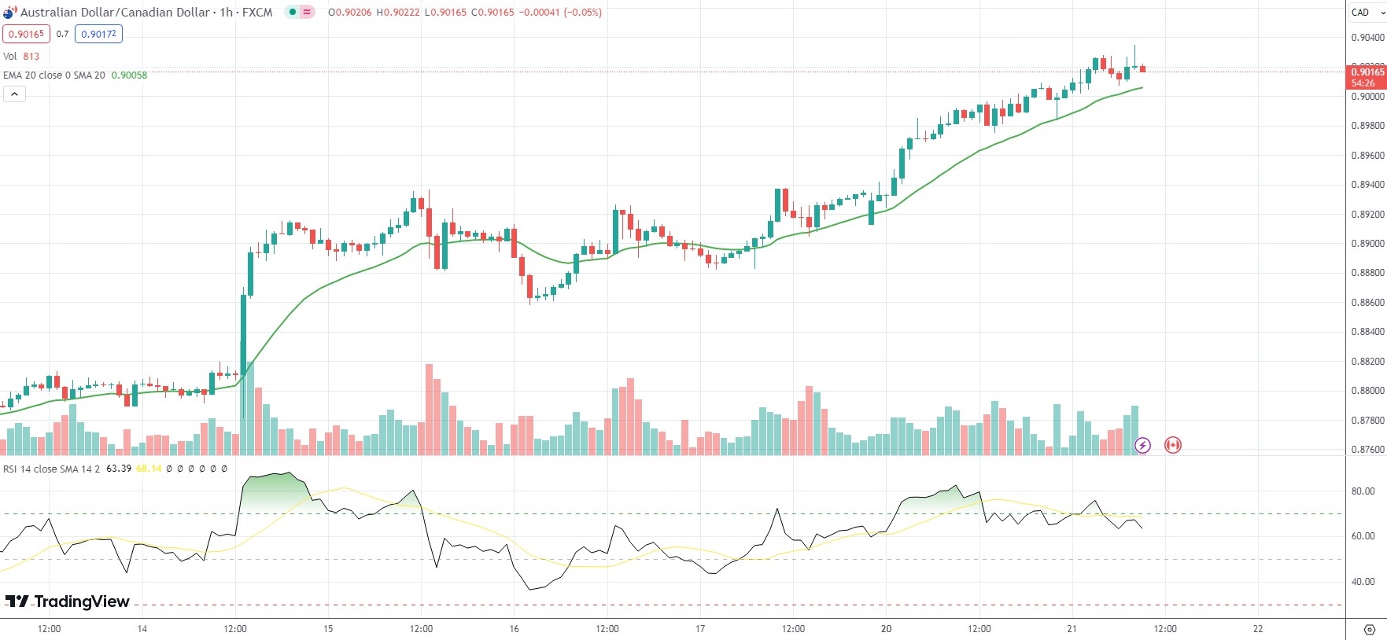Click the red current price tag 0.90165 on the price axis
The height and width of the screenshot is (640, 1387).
tap(1367, 77)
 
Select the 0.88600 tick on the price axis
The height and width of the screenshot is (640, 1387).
tap(1367, 303)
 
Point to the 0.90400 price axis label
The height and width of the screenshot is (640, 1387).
tap(1367, 38)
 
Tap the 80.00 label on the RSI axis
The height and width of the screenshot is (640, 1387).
tap(1363, 491)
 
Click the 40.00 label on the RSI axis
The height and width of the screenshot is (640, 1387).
tap(1363, 582)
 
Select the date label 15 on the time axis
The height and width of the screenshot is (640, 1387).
tap(328, 629)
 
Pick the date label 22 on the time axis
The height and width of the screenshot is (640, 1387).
tap(1258, 629)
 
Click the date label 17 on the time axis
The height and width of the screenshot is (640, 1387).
tap(700, 629)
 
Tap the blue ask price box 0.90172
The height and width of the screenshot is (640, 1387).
tap(99, 34)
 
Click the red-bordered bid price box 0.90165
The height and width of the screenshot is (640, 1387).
tap(27, 34)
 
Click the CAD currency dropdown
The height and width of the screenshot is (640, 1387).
tap(1365, 12)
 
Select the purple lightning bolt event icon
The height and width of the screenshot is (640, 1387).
tap(1142, 446)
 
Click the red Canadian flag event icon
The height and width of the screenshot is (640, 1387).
tap(1172, 445)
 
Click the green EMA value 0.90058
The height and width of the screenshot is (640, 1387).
tap(129, 75)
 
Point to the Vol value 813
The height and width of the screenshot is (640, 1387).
tap(31, 57)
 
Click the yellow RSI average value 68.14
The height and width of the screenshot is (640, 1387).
tap(149, 469)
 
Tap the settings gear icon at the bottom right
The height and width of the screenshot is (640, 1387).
tap(1369, 630)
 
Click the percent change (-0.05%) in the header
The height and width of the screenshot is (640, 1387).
tap(583, 13)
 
